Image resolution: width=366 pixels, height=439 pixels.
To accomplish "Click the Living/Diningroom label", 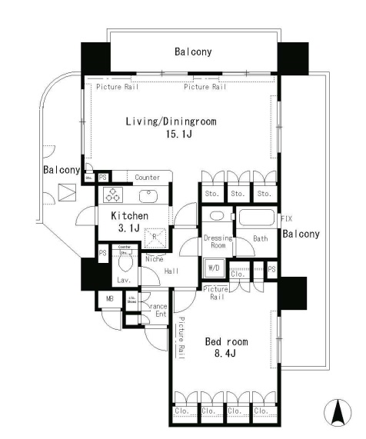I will pyautogui.click(x=171, y=121).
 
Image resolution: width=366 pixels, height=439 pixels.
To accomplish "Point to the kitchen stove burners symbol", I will pyautogui.click(x=113, y=195).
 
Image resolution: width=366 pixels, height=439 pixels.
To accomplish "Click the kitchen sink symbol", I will pyautogui.click(x=148, y=195).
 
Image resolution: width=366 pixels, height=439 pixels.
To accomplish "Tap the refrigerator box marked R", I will pyautogui.click(x=154, y=237).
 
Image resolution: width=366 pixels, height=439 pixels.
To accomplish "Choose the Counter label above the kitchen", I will pyautogui.click(x=147, y=178).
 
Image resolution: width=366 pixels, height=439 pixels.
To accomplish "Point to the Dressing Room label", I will pyautogui.click(x=218, y=241).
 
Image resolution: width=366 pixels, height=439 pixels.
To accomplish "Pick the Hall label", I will pyautogui.click(x=171, y=270).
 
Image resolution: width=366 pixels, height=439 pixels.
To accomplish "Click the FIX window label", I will pyautogui.click(x=286, y=219).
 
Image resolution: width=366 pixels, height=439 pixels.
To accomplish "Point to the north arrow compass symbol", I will pyautogui.click(x=336, y=413).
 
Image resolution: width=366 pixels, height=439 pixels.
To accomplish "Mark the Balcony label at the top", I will pyautogui.click(x=193, y=52).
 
